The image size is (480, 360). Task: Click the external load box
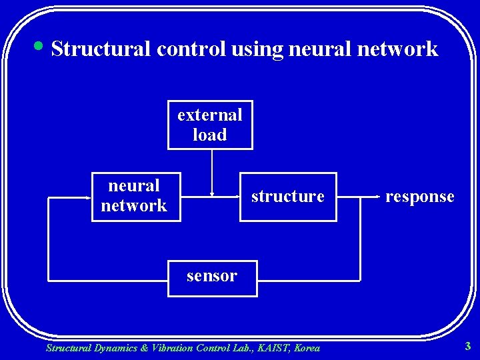click(x=210, y=125)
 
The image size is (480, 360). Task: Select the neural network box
click(x=135, y=196)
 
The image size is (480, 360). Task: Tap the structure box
click(x=288, y=197)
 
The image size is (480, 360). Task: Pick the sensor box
click(x=212, y=276)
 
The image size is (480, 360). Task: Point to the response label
click(x=420, y=197)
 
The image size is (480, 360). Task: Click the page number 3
click(x=468, y=346)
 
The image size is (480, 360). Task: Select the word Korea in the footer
click(x=307, y=347)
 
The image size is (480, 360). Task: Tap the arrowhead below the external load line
click(x=212, y=194)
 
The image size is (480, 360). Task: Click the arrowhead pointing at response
click(x=379, y=197)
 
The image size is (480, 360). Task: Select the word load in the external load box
click(x=210, y=135)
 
